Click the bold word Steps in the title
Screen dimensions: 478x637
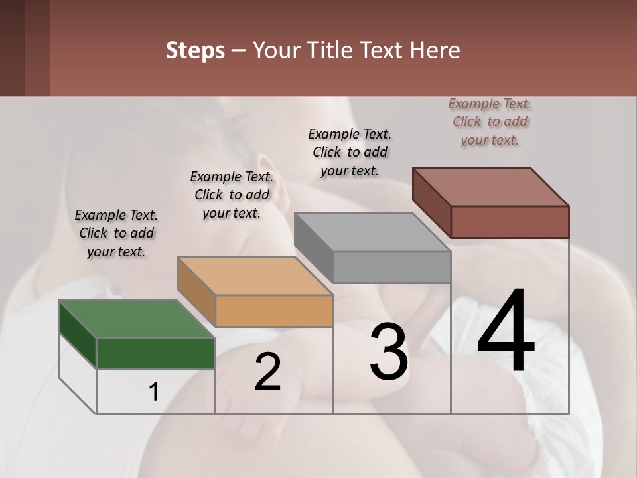(x=195, y=50)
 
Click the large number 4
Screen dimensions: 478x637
(x=506, y=331)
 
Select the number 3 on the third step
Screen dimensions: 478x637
(x=389, y=353)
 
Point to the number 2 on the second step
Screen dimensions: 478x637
(x=267, y=372)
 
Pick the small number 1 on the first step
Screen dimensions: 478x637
(x=153, y=392)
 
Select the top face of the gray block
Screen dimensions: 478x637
(x=372, y=233)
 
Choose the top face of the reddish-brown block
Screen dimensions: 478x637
(x=491, y=187)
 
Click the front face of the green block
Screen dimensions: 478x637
(x=155, y=353)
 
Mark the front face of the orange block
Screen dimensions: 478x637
(x=274, y=311)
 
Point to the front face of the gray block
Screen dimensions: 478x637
(x=391, y=268)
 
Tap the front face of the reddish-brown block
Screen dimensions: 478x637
(x=510, y=222)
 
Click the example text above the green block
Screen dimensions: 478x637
(x=116, y=233)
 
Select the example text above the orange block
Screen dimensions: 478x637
(x=232, y=195)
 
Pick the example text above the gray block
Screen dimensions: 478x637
(x=350, y=152)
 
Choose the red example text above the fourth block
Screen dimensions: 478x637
(x=490, y=121)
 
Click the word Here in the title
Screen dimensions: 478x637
(x=435, y=50)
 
